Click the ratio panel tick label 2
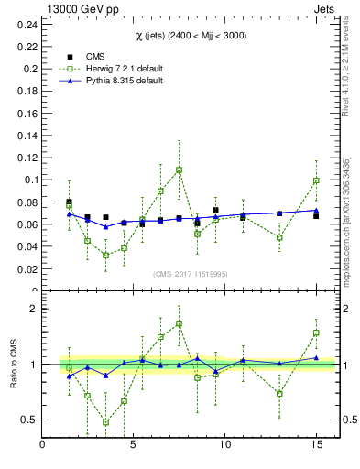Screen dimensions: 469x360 (x=33, y=310)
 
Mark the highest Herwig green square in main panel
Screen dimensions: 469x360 (x=179, y=169)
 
